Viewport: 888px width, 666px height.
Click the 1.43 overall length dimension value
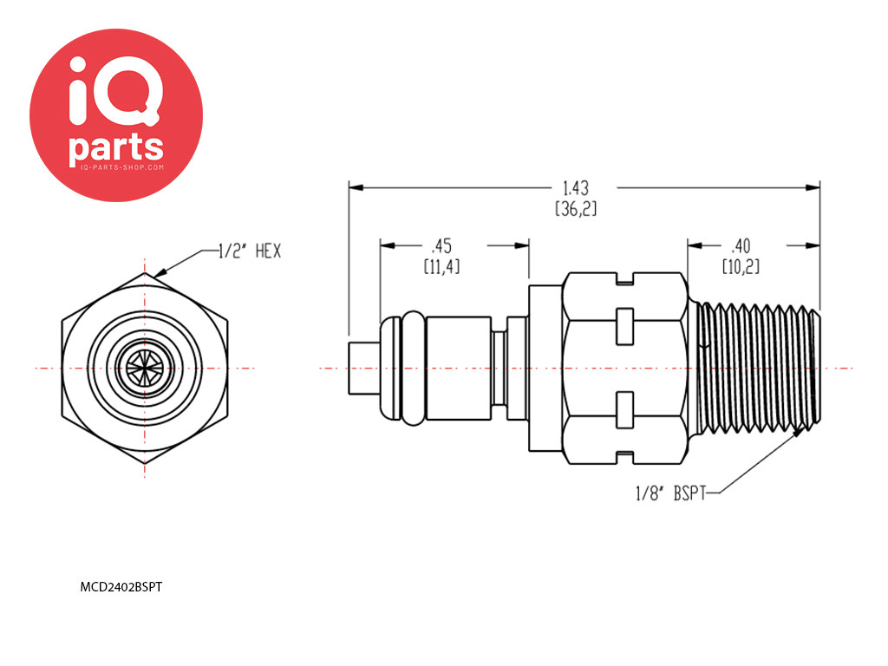576,188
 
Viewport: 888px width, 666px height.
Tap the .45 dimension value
441,245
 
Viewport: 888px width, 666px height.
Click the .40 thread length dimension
741,245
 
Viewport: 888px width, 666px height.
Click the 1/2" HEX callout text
250,251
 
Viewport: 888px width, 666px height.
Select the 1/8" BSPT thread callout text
671,493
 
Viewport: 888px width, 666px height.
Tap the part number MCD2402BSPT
121,587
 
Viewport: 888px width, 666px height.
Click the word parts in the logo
116,149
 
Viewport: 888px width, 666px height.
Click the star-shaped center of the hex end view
145,368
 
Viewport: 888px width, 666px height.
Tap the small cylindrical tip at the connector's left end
363,368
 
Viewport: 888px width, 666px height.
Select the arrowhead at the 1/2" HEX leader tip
160,273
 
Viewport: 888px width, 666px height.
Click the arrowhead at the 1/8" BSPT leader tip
798,432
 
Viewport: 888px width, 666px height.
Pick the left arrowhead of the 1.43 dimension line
356,187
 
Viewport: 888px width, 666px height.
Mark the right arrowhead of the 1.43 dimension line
813,187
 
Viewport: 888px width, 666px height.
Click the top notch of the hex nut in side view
625,278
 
